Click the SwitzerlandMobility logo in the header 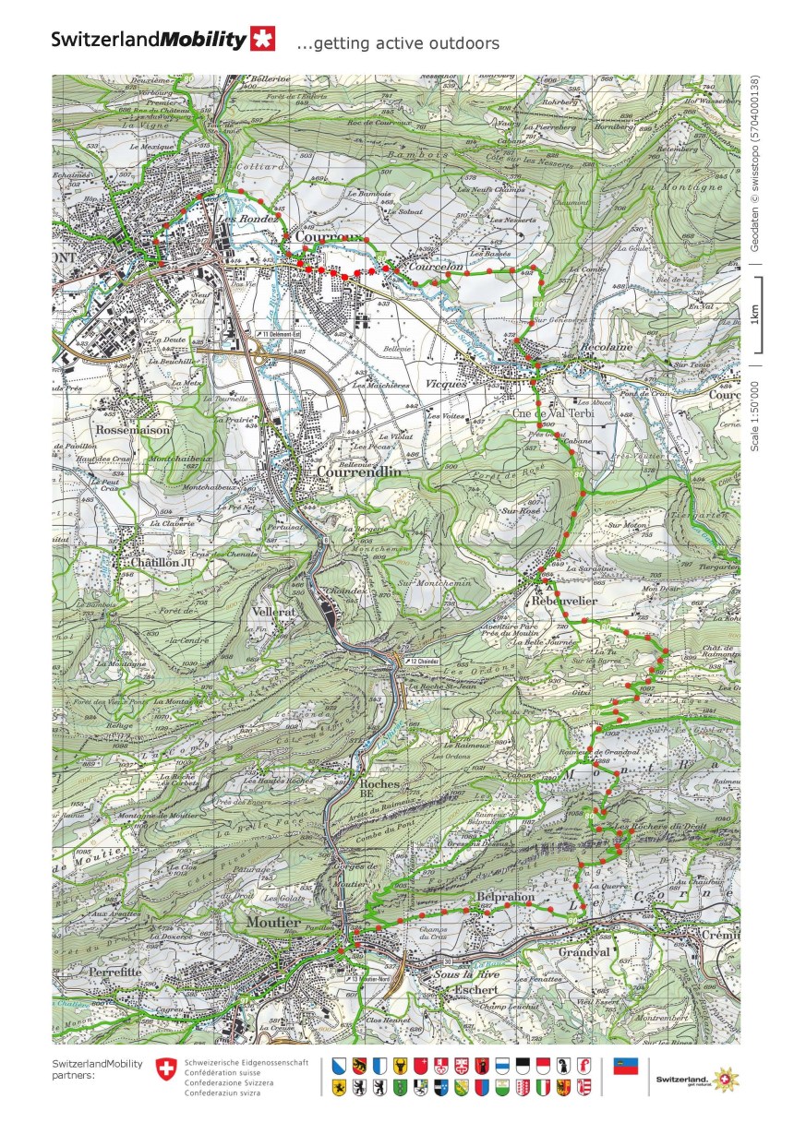point(162,40)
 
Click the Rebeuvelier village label point(564,601)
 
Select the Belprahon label point(506,897)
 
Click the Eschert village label point(475,989)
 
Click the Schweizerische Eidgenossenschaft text point(247,1063)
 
